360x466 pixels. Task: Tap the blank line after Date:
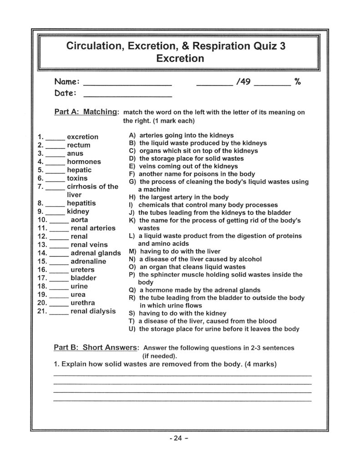[x=128, y=96]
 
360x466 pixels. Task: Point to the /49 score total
[x=244, y=82]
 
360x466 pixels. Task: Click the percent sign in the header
[x=297, y=82]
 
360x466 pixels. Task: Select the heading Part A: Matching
[x=86, y=112]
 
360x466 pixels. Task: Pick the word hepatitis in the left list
[x=81, y=203]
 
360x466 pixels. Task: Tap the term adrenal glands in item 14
[x=96, y=253]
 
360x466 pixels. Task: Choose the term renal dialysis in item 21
[x=93, y=311]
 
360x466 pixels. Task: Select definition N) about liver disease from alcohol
[x=200, y=259]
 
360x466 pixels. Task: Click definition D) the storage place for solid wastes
[x=191, y=158]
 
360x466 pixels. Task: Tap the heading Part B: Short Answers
[x=96, y=348]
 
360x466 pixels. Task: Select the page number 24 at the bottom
[x=178, y=439]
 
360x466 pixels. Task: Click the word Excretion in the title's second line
[x=180, y=59]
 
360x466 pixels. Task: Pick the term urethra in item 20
[x=83, y=303]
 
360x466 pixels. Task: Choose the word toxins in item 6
[x=77, y=178]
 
